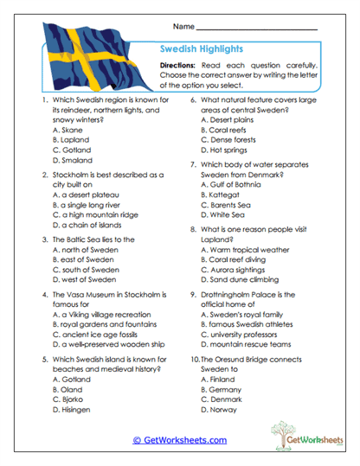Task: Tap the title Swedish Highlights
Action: coord(201,49)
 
